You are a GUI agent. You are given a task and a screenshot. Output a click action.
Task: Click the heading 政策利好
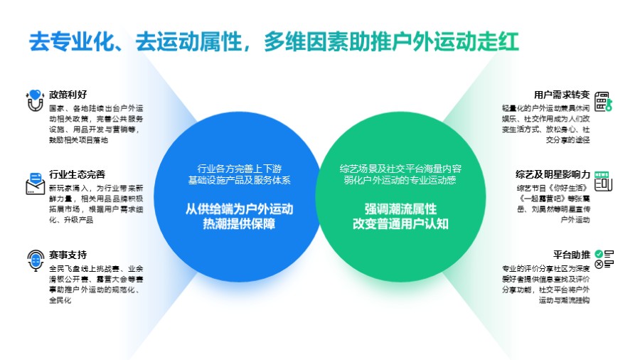pyautogui.click(x=68, y=95)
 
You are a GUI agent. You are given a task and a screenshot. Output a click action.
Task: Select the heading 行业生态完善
pyautogui.click(x=78, y=174)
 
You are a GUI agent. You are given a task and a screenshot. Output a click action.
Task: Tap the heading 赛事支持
pyautogui.click(x=68, y=255)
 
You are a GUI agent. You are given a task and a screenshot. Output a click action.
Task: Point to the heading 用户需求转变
pyautogui.click(x=562, y=95)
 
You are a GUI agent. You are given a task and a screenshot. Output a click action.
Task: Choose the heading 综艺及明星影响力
pyautogui.click(x=553, y=174)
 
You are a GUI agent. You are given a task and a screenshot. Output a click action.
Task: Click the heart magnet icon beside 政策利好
pyautogui.click(x=34, y=100)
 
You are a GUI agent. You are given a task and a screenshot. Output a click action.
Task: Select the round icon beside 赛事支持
pyautogui.click(x=34, y=260)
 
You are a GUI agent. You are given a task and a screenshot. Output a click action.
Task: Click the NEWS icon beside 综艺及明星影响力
pyautogui.click(x=603, y=181)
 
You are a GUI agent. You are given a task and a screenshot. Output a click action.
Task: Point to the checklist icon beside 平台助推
pyautogui.click(x=604, y=260)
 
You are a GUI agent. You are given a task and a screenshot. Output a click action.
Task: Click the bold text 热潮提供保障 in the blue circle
pyautogui.click(x=239, y=224)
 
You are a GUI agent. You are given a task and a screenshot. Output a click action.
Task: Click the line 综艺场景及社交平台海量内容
pyautogui.click(x=400, y=169)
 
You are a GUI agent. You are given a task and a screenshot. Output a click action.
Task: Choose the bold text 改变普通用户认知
pyautogui.click(x=400, y=224)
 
